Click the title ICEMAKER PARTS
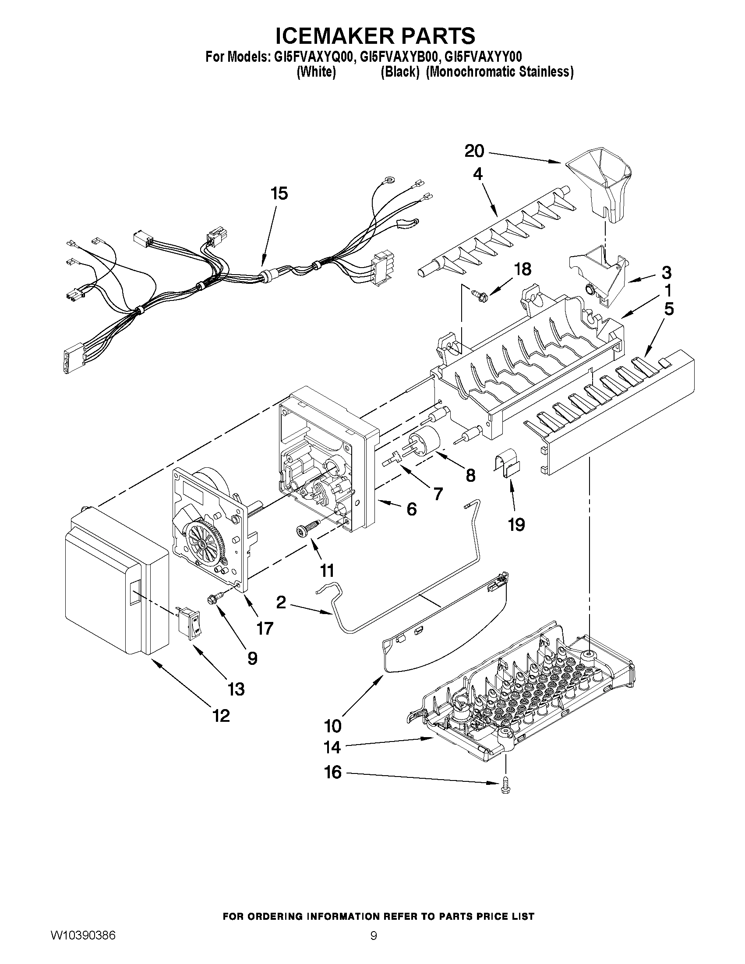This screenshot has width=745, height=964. [x=375, y=35]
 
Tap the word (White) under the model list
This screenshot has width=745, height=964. [x=316, y=72]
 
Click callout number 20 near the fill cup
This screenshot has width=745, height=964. [x=474, y=152]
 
